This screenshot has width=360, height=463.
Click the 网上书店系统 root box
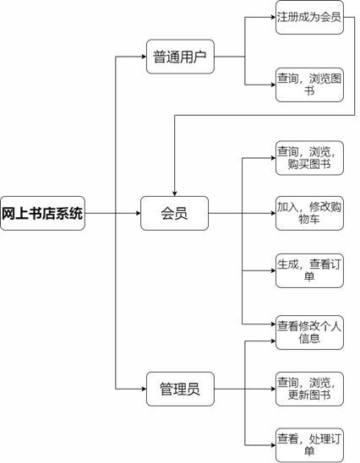(x=42, y=213)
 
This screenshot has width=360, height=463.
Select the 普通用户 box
(x=180, y=57)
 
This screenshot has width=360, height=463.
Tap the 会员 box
(x=174, y=213)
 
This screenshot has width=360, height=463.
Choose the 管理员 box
(x=180, y=389)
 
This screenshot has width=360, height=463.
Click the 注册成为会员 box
(x=309, y=17)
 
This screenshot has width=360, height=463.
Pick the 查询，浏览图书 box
(x=309, y=84)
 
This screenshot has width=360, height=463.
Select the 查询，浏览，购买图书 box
(x=309, y=158)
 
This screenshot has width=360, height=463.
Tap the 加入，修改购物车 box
(x=309, y=213)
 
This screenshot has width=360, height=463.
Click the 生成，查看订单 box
(x=309, y=270)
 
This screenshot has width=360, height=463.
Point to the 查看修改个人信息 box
(x=309, y=333)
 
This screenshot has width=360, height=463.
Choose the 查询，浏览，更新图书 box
(x=309, y=389)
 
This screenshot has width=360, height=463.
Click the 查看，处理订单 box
(x=309, y=444)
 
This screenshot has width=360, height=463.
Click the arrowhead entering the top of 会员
(x=175, y=193)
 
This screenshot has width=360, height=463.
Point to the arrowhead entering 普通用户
(x=145, y=57)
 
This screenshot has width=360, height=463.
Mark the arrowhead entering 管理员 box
(x=145, y=389)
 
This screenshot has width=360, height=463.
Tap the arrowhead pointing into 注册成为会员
(x=274, y=17)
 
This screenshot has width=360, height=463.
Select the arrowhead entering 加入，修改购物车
(x=274, y=213)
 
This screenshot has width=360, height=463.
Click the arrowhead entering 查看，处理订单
(x=274, y=444)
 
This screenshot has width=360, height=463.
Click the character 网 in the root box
(x=8, y=214)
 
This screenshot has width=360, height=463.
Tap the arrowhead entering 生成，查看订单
(x=274, y=270)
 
